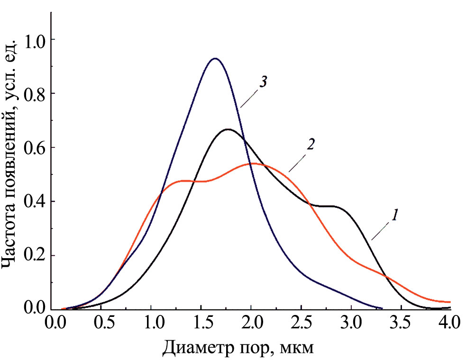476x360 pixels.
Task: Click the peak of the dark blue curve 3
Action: point(215,59)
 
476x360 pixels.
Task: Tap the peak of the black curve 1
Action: point(228,129)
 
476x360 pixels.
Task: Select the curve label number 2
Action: point(311,144)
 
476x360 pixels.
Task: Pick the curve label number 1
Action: point(393,216)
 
